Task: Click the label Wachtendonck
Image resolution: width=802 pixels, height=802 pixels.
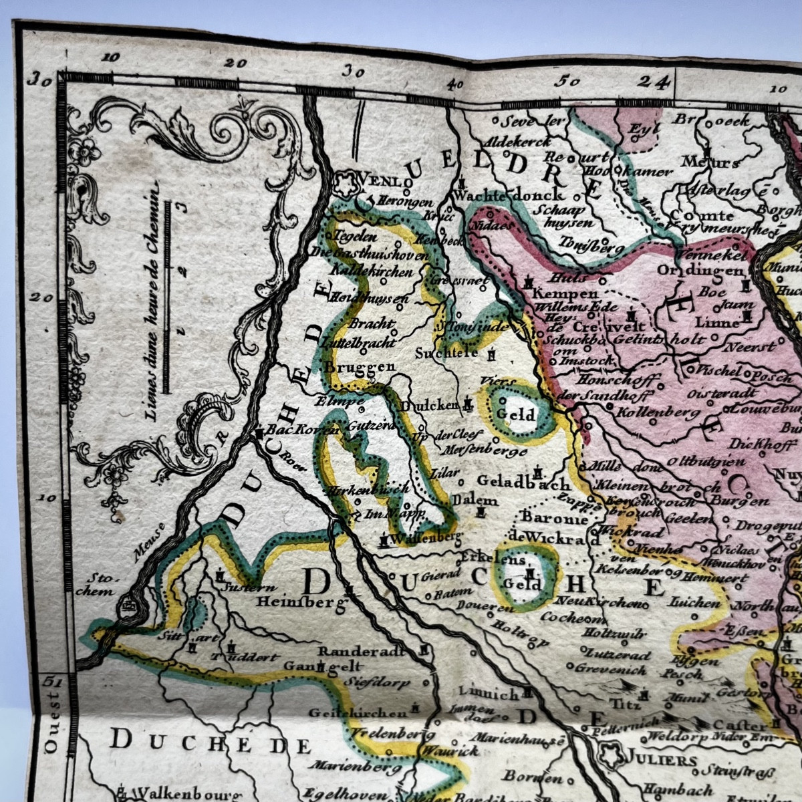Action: [508, 195]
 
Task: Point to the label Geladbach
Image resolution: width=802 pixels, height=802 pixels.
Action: [524, 481]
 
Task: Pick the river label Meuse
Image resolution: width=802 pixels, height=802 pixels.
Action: [149, 533]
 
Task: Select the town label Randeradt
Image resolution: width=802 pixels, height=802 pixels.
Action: [362, 650]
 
